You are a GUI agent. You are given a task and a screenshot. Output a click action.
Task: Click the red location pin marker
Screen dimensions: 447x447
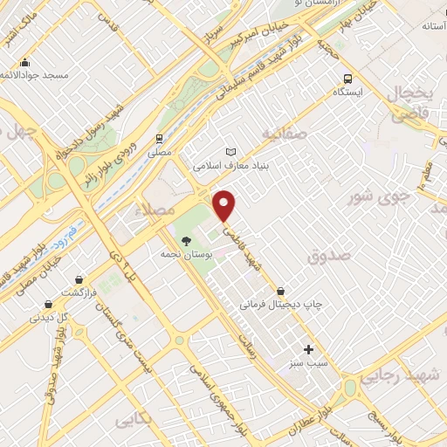click(225, 205)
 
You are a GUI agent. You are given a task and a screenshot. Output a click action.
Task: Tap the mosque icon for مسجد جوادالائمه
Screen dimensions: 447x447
click(25, 62)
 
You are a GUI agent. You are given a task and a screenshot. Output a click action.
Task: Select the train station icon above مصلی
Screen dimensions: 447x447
click(159, 138)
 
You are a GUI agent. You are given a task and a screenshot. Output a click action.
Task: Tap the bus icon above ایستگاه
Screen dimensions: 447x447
click(347, 78)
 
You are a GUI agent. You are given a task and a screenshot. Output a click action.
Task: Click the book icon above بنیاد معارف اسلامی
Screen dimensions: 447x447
click(230, 151)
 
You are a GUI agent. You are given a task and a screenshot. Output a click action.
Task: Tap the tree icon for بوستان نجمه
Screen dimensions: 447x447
click(185, 240)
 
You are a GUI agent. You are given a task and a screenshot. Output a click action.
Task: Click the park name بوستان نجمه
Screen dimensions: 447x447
click(182, 254)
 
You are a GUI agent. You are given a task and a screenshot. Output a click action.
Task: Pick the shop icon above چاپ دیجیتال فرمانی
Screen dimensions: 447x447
click(280, 291)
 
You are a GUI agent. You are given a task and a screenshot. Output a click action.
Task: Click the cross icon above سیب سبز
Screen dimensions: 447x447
click(307, 348)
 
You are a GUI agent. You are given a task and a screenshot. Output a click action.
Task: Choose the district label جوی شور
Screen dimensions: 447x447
click(379, 197)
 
